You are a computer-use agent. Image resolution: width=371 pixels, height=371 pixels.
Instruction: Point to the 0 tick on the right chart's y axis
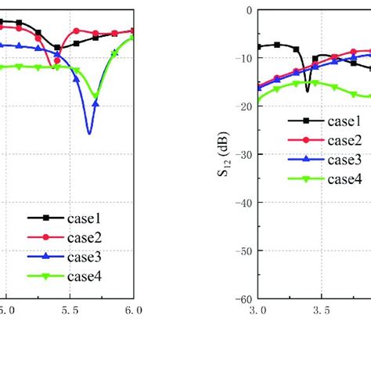click(249, 10)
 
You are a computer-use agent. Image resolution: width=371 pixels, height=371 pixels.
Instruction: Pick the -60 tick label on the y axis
click(244, 299)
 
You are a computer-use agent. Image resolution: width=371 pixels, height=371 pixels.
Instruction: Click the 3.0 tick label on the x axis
click(258, 311)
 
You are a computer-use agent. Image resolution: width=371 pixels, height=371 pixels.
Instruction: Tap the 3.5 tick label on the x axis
click(321, 311)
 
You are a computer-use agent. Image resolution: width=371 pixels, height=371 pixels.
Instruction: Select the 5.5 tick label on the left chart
click(70, 311)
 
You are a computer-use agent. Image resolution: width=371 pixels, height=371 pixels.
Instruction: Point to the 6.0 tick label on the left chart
click(134, 311)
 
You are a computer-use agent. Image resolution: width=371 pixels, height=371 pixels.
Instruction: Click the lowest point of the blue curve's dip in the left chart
click(90, 134)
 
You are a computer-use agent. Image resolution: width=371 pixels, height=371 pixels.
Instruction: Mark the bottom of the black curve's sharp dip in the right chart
click(308, 92)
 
